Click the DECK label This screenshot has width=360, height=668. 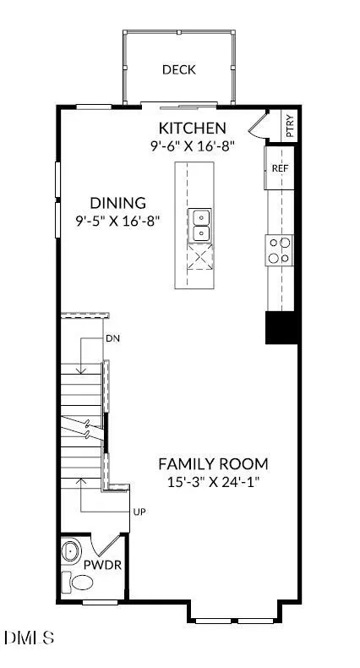[x=179, y=69]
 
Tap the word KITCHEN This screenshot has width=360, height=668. [x=192, y=128]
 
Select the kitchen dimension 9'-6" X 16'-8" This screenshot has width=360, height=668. [x=192, y=146]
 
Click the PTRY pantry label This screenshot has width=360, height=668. [x=290, y=126]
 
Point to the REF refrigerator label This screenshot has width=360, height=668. [x=280, y=168]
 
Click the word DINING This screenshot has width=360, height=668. [x=117, y=202]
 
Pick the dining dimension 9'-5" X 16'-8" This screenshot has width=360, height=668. [x=117, y=221]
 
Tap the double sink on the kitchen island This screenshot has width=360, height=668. [x=200, y=225]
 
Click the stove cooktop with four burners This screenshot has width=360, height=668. [x=280, y=250]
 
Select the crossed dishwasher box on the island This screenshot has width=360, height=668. [x=200, y=256]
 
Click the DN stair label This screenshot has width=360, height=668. [x=112, y=339]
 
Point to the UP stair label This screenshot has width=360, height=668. [x=139, y=512]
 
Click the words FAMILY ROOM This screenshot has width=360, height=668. [x=213, y=463]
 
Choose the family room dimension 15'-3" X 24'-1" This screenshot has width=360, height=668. [x=213, y=482]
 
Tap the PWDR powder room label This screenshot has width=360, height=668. [x=102, y=566]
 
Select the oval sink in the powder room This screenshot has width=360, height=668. [x=69, y=552]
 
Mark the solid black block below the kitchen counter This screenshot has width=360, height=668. [x=281, y=327]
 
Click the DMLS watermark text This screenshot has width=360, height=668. [x=29, y=638]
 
